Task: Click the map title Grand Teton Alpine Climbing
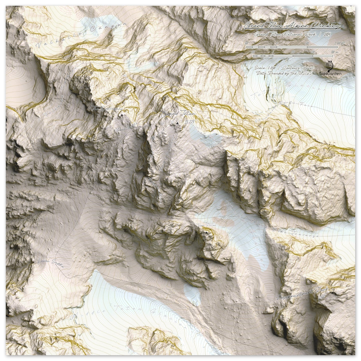point(292,26)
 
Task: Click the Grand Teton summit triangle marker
point(177,123)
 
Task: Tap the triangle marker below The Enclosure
point(122,115)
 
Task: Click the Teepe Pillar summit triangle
point(206,232)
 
